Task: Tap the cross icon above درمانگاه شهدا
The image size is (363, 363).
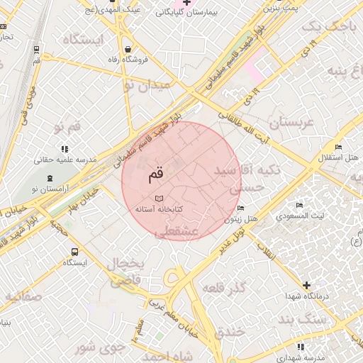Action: [x=306, y=285]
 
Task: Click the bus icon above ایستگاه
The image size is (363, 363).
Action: [x=74, y=251]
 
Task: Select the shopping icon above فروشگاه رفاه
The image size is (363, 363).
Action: [x=127, y=49]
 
